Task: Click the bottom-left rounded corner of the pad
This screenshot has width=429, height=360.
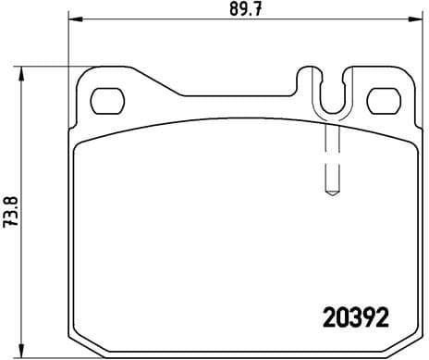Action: click(79, 344)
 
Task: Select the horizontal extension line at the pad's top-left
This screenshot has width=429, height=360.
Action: click(46, 68)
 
